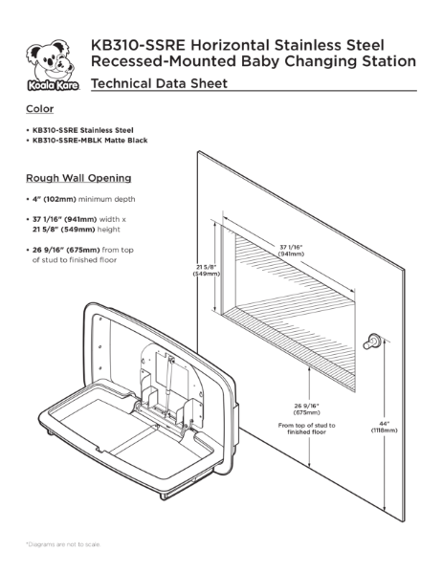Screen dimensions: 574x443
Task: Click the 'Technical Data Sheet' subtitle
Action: pyautogui.click(x=158, y=85)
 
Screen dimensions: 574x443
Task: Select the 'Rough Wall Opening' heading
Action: pyautogui.click(x=78, y=178)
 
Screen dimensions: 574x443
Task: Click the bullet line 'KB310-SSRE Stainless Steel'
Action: pyautogui.click(x=80, y=129)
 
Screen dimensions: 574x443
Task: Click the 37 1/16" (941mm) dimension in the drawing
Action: pyautogui.click(x=293, y=251)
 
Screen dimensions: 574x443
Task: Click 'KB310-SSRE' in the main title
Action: pyautogui.click(x=131, y=45)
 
